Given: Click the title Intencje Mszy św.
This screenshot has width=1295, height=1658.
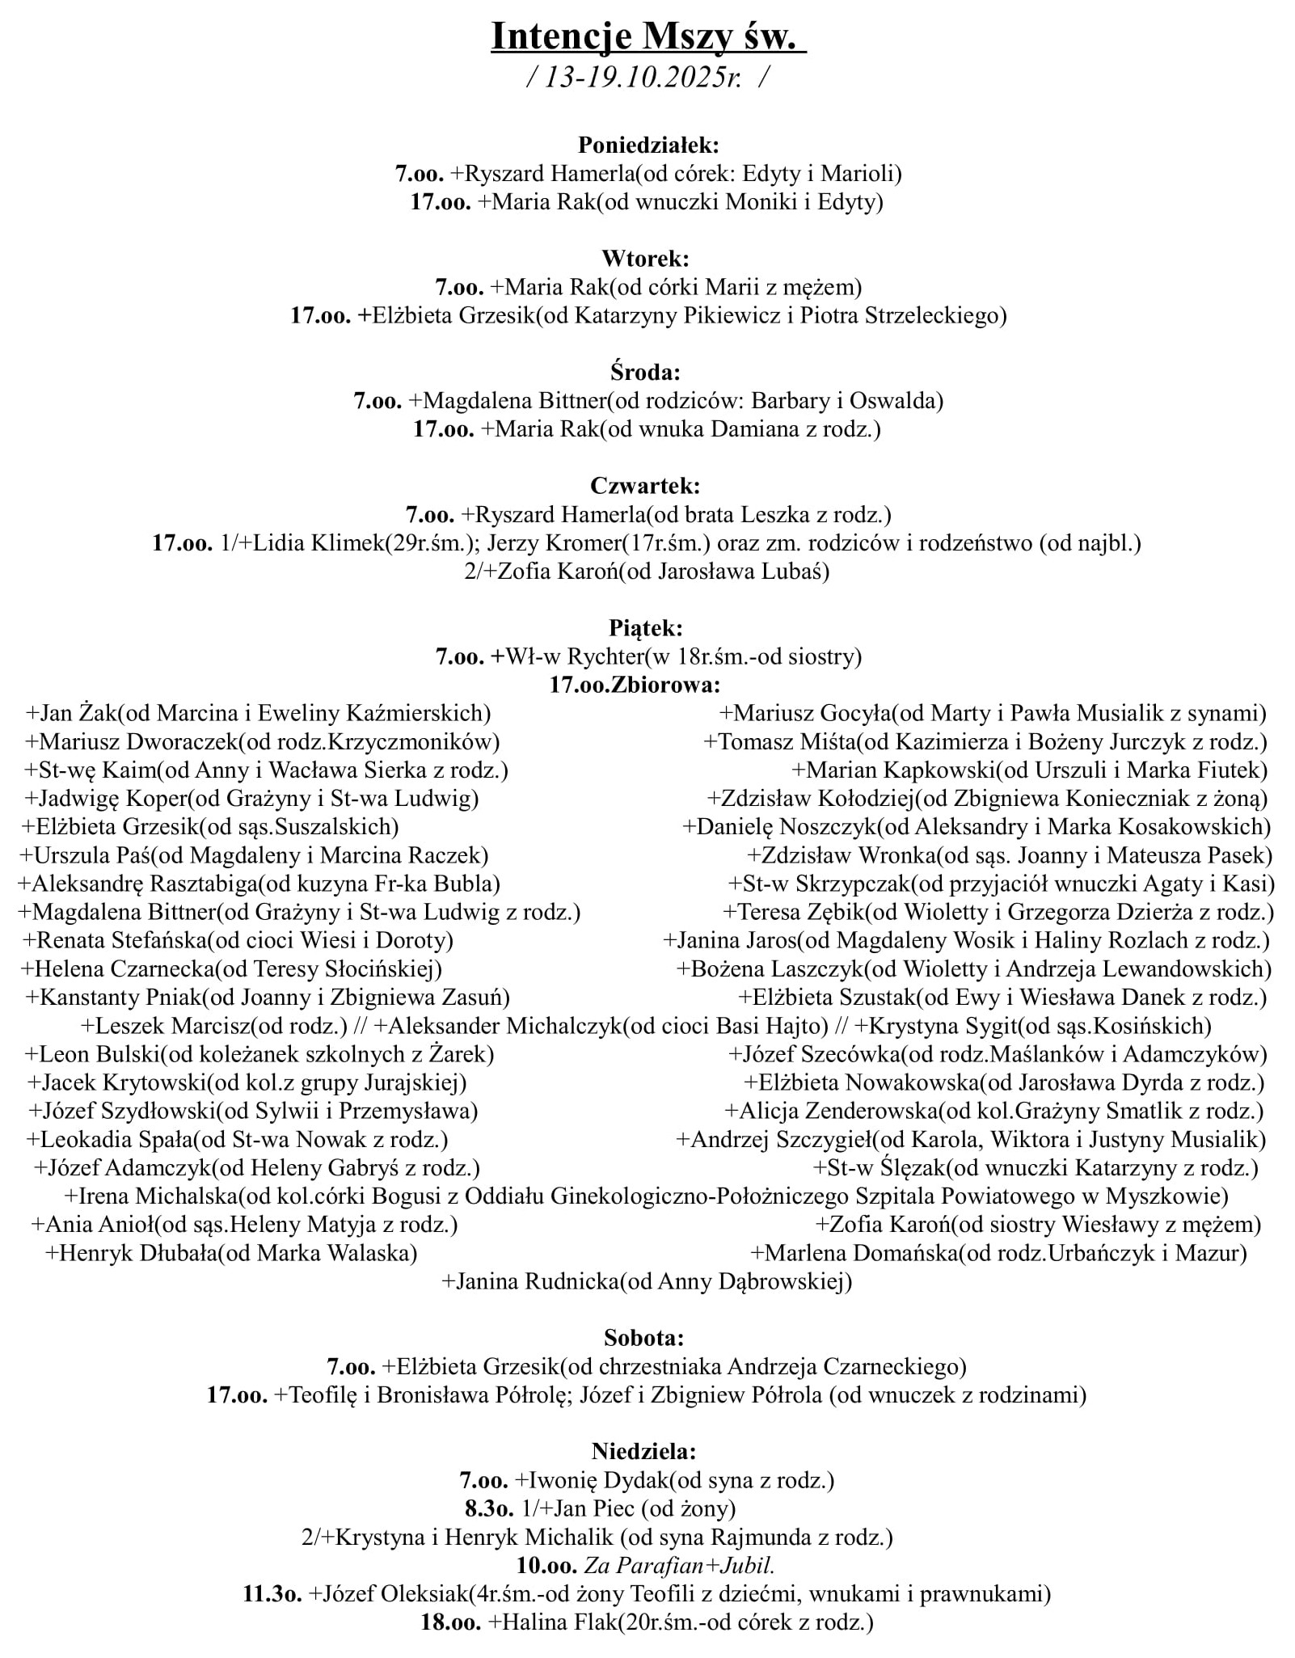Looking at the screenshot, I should pos(647,37).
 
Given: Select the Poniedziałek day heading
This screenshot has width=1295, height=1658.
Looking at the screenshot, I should pos(648,146).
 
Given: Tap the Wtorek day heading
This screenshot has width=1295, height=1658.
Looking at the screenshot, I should pos(645,259).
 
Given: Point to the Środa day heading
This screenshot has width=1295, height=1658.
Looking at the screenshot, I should pos(645,373).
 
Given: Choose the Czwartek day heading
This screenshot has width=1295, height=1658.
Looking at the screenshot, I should pos(645,486).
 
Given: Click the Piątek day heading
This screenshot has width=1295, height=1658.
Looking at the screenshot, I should pos(645,627).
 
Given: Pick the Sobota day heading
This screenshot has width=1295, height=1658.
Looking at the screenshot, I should pos(644,1337).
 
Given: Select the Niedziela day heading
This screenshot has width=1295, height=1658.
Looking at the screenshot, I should pos(643,1451).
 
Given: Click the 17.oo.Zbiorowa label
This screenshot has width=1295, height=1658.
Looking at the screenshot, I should pos(635,685).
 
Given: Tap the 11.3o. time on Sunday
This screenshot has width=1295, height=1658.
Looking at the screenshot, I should pos(272,1593).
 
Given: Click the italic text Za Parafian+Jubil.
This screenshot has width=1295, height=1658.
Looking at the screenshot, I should pos(679,1565).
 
